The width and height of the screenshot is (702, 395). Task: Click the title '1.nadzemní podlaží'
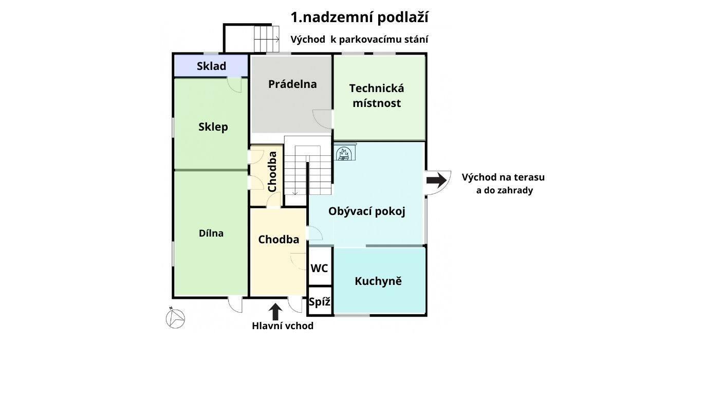click(x=359, y=17)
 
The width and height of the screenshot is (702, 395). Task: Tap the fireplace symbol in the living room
click(x=345, y=153)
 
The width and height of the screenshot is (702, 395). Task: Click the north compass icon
click(x=175, y=318)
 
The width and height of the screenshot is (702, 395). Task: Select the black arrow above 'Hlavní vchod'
click(x=275, y=312)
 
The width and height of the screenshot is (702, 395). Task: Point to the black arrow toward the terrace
click(x=436, y=180)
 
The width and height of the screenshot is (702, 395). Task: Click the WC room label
click(x=319, y=268)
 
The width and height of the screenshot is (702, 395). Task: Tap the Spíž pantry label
click(x=319, y=302)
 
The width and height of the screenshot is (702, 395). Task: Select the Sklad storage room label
click(x=211, y=66)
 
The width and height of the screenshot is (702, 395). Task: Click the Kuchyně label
click(x=378, y=281)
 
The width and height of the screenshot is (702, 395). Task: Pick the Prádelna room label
click(x=292, y=84)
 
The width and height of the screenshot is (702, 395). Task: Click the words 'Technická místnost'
click(x=377, y=95)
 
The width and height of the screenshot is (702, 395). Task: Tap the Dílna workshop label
click(x=211, y=233)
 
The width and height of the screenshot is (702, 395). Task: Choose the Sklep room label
click(x=213, y=127)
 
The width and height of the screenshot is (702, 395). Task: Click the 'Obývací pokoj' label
click(x=366, y=211)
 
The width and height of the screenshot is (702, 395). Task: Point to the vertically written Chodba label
click(x=272, y=171)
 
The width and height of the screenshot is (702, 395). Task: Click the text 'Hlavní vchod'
click(x=283, y=326)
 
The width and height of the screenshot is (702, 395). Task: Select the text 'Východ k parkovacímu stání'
click(x=359, y=40)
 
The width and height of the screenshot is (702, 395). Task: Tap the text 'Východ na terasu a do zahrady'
click(x=503, y=184)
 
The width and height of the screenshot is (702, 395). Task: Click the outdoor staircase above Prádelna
click(x=266, y=39)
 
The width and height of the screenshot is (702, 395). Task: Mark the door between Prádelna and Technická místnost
click(x=323, y=119)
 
